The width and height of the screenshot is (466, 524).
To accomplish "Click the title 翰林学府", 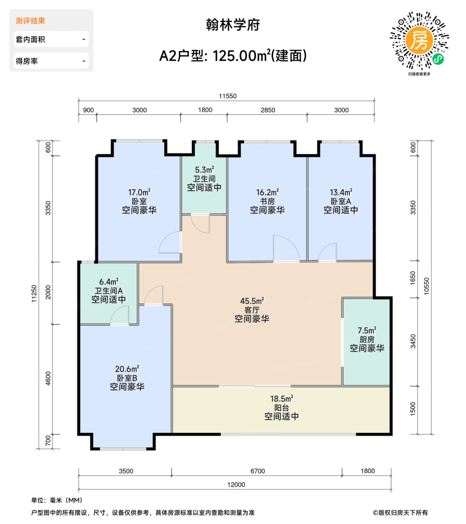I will click(233, 25).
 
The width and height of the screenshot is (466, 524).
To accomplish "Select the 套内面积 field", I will click(51, 39).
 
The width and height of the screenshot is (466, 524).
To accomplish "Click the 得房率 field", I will click(51, 61).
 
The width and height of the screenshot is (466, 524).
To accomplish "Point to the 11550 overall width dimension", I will click(227, 96).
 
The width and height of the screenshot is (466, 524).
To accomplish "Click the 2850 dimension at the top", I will click(267, 110).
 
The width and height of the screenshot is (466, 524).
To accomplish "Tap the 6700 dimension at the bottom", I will click(257, 471).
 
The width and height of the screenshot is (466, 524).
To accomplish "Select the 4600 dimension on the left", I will click(48, 378).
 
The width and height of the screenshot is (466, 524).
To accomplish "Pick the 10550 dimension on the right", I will click(426, 286).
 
